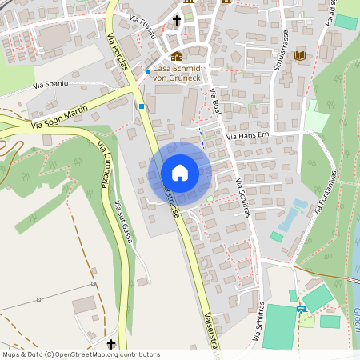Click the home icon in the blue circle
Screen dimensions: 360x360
pyautogui.click(x=179, y=173)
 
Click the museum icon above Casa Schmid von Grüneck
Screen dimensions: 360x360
pyautogui.click(x=177, y=56)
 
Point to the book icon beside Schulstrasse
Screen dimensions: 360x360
pyautogui.click(x=300, y=54)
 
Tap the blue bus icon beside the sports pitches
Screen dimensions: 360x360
pyautogui.click(x=302, y=308)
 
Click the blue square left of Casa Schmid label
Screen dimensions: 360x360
pyautogui.click(x=148, y=73)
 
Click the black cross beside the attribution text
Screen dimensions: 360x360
pyautogui.click(x=110, y=344)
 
